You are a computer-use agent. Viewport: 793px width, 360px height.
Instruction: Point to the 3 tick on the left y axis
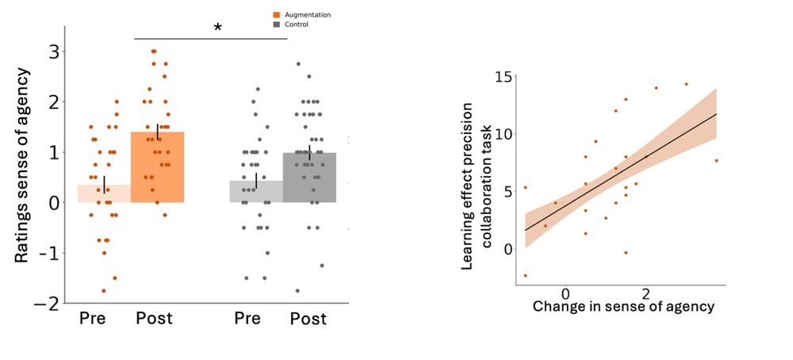[x=53, y=52]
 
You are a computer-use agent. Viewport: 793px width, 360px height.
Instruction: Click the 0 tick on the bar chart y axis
[x=53, y=203]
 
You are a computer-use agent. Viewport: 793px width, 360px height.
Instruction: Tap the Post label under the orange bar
[x=154, y=319]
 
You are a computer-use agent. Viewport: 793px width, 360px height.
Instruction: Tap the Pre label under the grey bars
[x=247, y=319]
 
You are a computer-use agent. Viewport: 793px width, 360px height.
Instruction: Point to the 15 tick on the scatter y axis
[x=503, y=76]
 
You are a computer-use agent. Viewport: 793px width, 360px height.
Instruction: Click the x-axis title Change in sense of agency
[x=623, y=306]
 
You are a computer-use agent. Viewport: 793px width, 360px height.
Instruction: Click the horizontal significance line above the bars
[x=210, y=39]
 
